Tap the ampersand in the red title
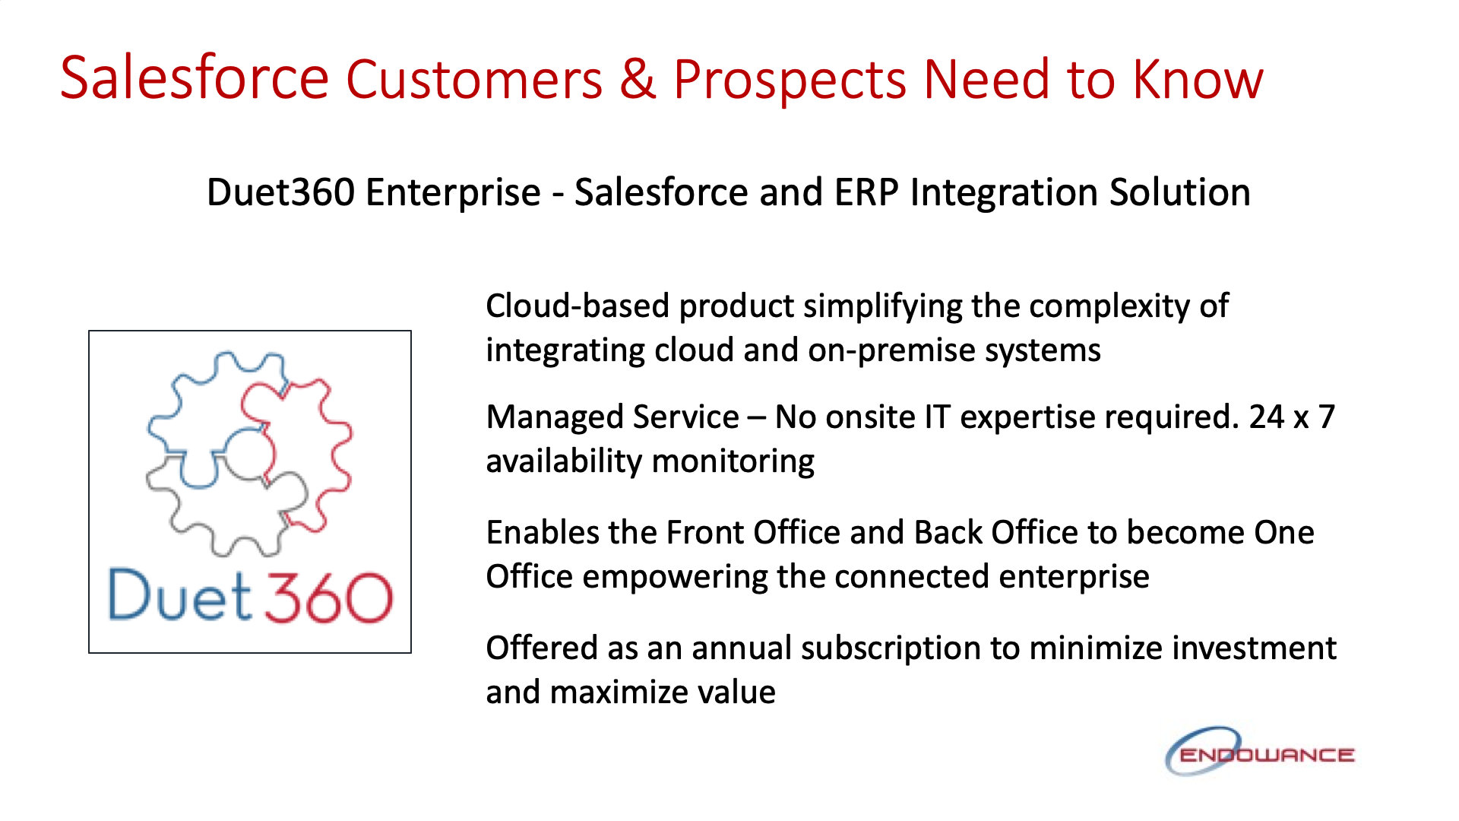point(638,78)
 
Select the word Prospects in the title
point(790,81)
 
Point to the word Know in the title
point(1198,78)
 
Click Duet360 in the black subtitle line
point(280,192)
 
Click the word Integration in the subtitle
point(1004,193)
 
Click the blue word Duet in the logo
point(179,594)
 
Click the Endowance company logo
point(1260,751)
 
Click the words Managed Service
point(612,417)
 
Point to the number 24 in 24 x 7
point(1267,417)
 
